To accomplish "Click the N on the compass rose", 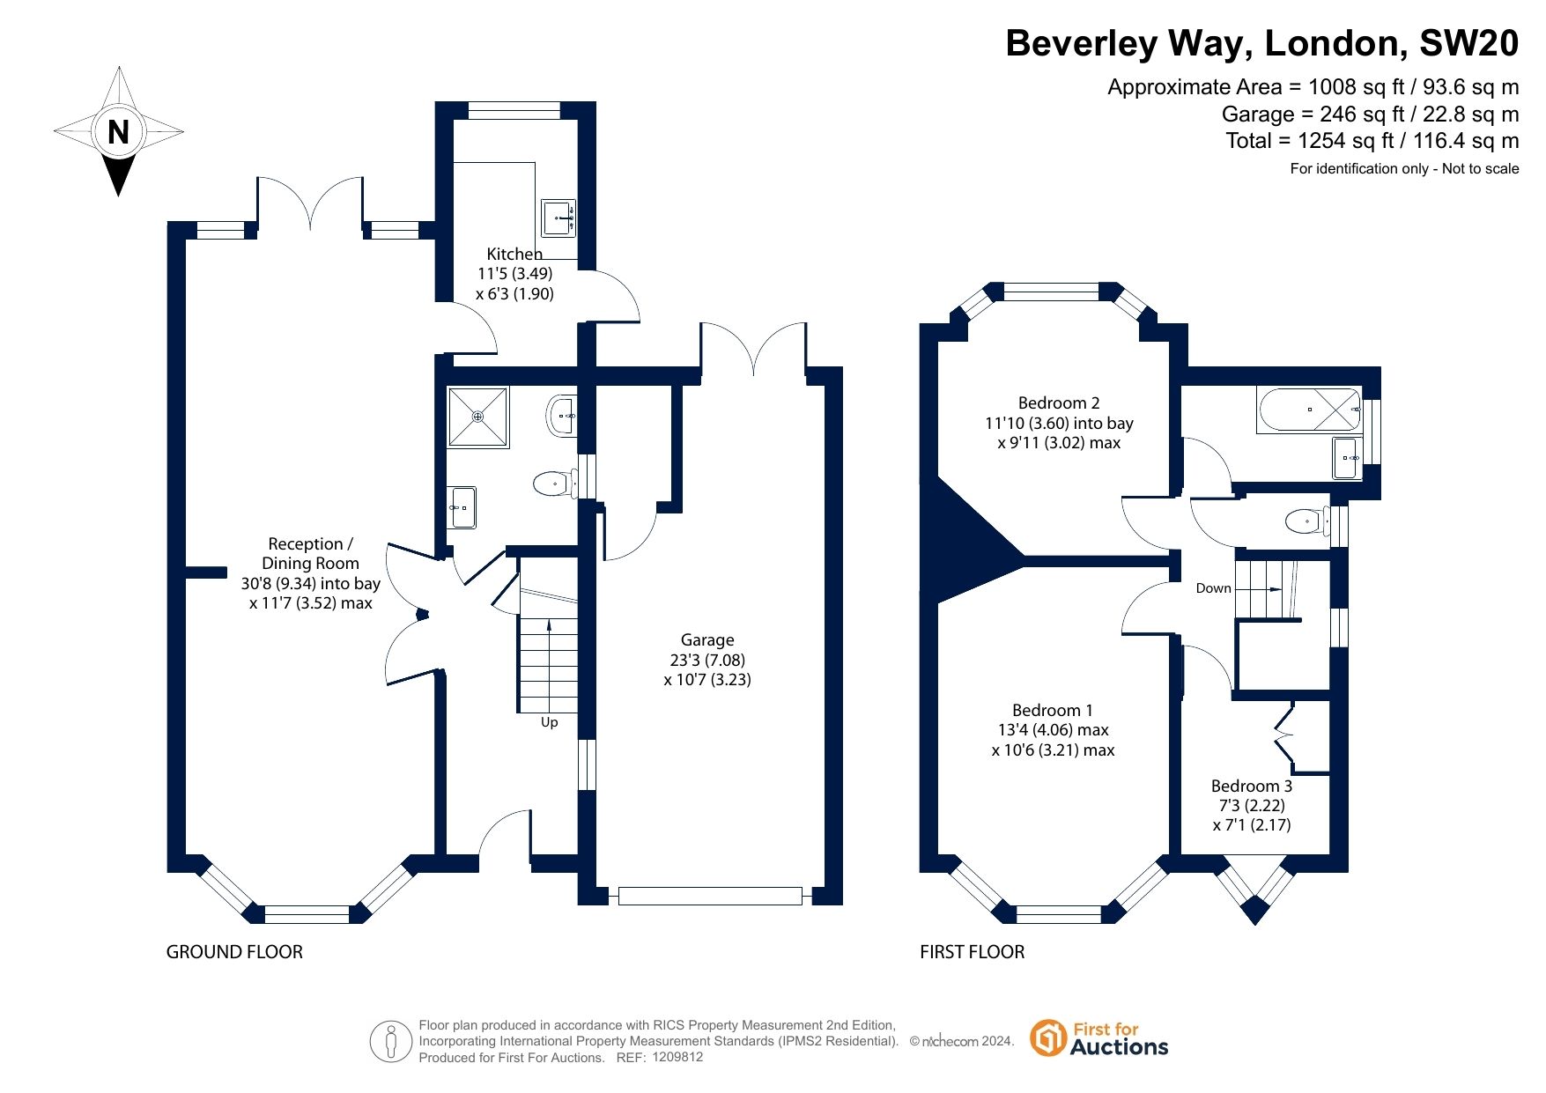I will click(x=118, y=132).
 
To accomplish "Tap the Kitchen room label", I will click(x=514, y=255).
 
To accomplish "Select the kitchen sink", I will click(x=558, y=218).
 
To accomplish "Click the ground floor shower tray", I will click(x=478, y=417).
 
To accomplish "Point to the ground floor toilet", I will click(x=552, y=483).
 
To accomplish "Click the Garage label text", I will click(x=706, y=640).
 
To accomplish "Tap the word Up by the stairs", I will click(x=549, y=722).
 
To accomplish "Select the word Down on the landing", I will click(x=1213, y=588).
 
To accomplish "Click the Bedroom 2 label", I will click(x=1059, y=403).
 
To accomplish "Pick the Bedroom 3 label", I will click(x=1251, y=786).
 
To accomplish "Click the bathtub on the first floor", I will click(x=1308, y=410).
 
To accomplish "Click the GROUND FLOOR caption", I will click(x=234, y=952).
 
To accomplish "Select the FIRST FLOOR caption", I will click(x=972, y=952).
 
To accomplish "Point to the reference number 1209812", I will click(x=677, y=1057).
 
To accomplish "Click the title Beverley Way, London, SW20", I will click(x=1261, y=43).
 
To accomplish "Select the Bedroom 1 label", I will click(x=1052, y=711).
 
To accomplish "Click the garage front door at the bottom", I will click(x=710, y=897).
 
